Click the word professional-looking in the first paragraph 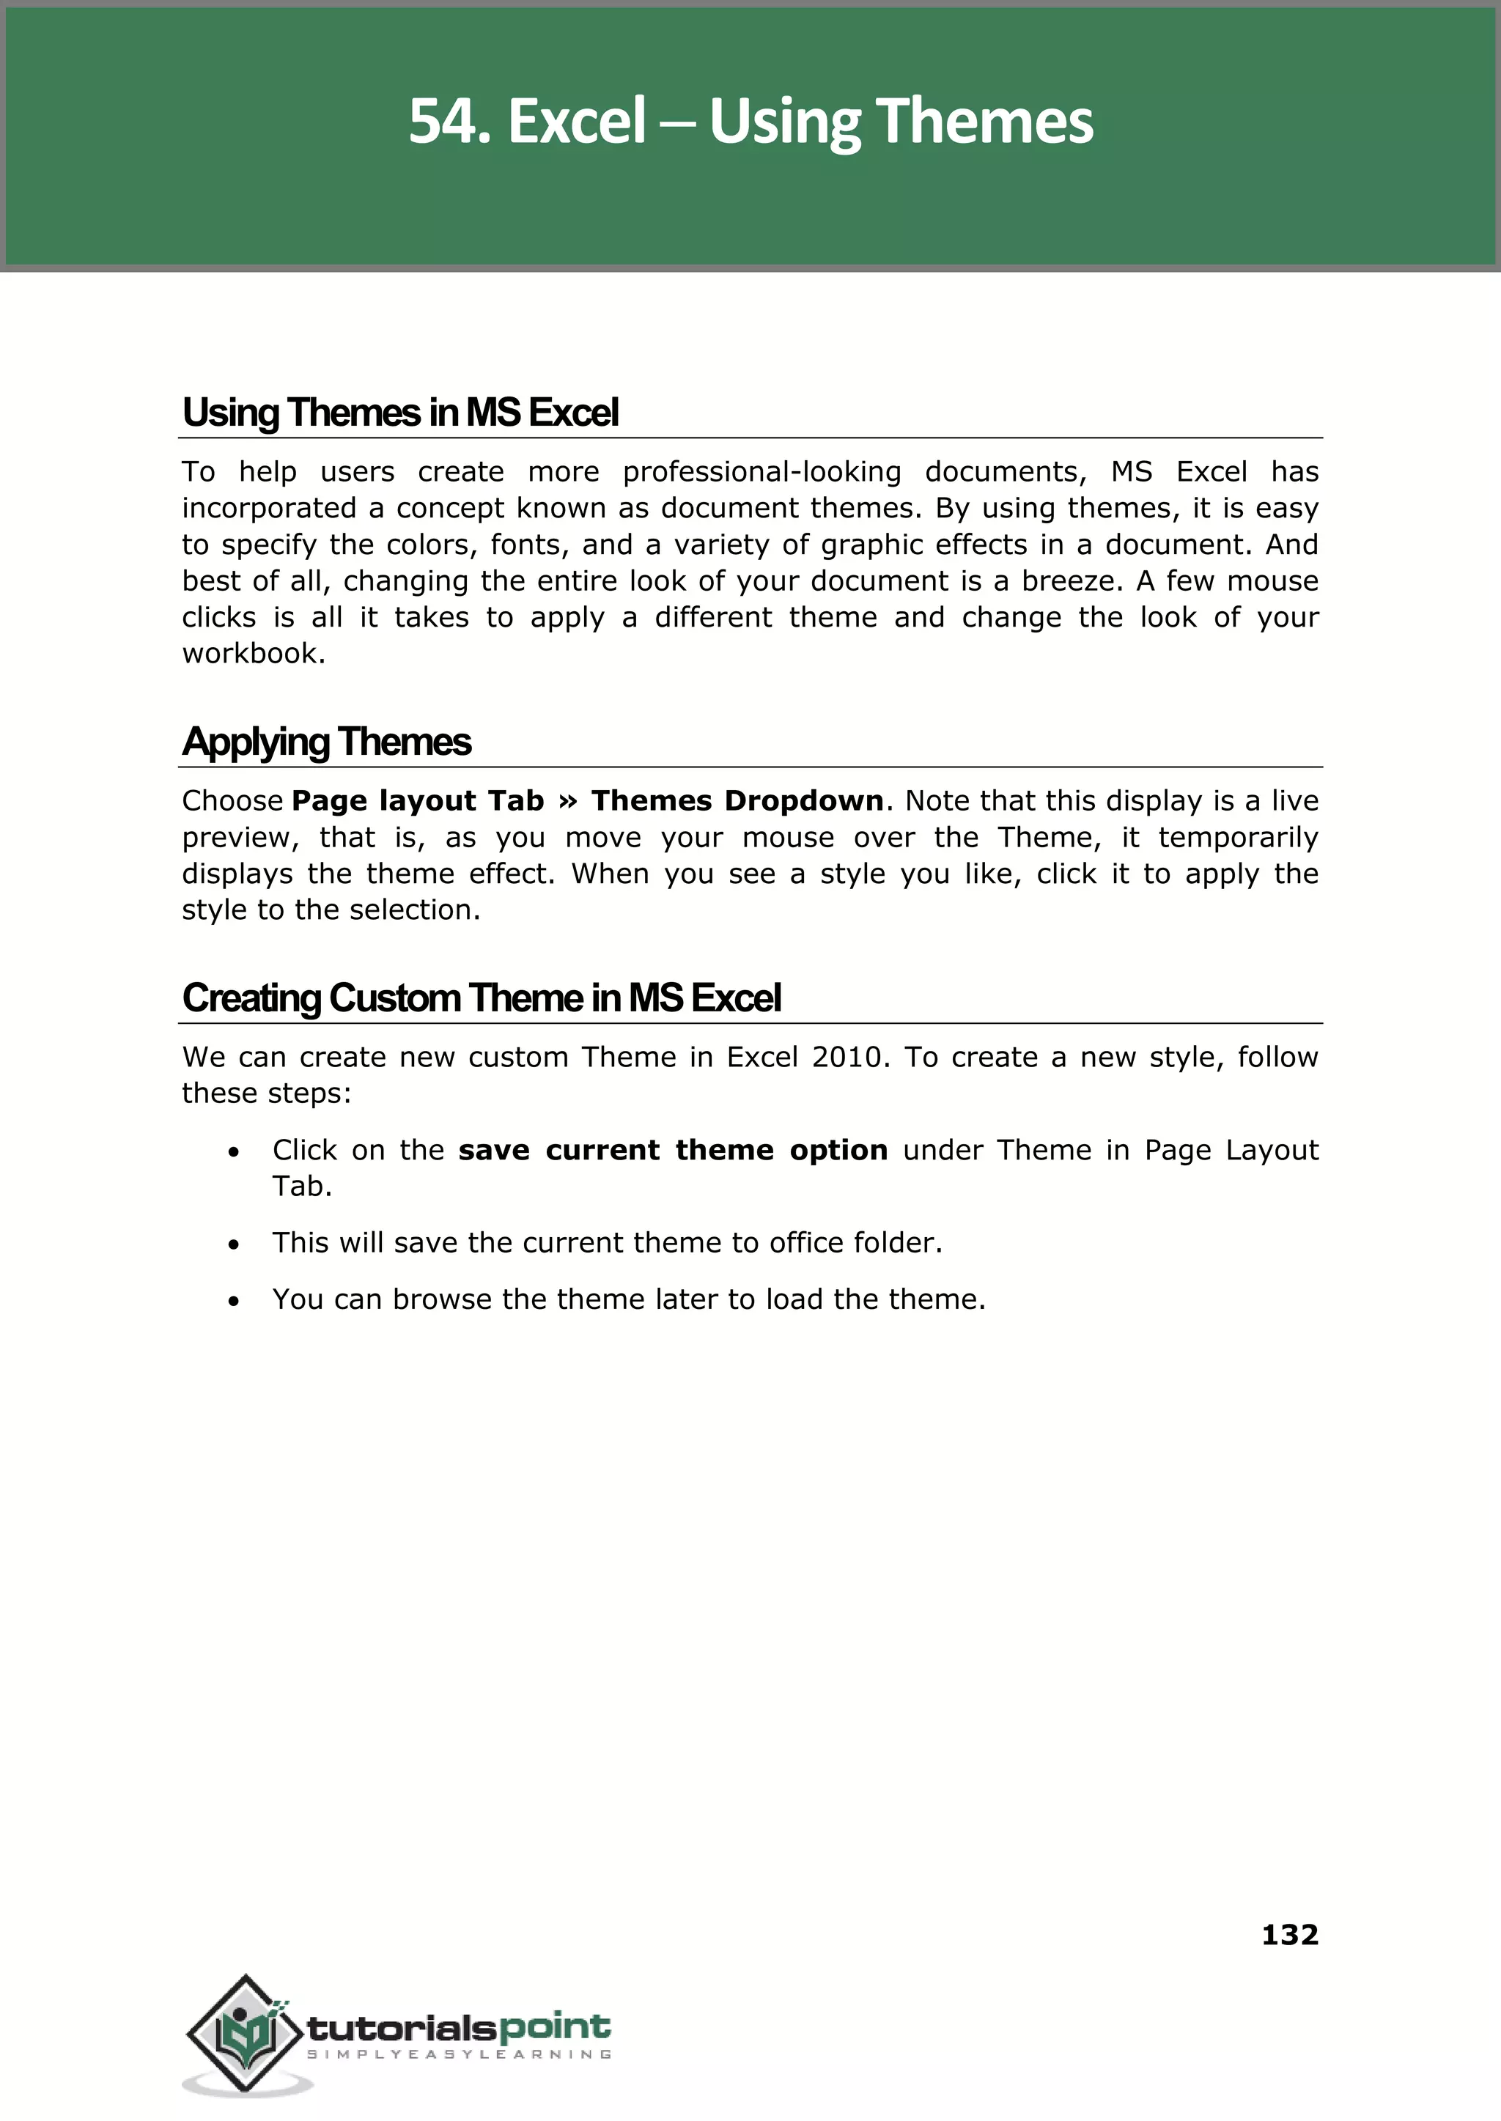pyautogui.click(x=761, y=471)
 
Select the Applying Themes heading pyautogui.click(x=326, y=742)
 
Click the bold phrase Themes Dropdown pyautogui.click(x=737, y=800)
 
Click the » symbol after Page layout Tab pyautogui.click(x=567, y=801)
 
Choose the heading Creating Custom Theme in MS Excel pyautogui.click(x=482, y=998)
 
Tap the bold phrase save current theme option pyautogui.click(x=673, y=1151)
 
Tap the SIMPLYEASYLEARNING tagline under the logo pyautogui.click(x=458, y=2054)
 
